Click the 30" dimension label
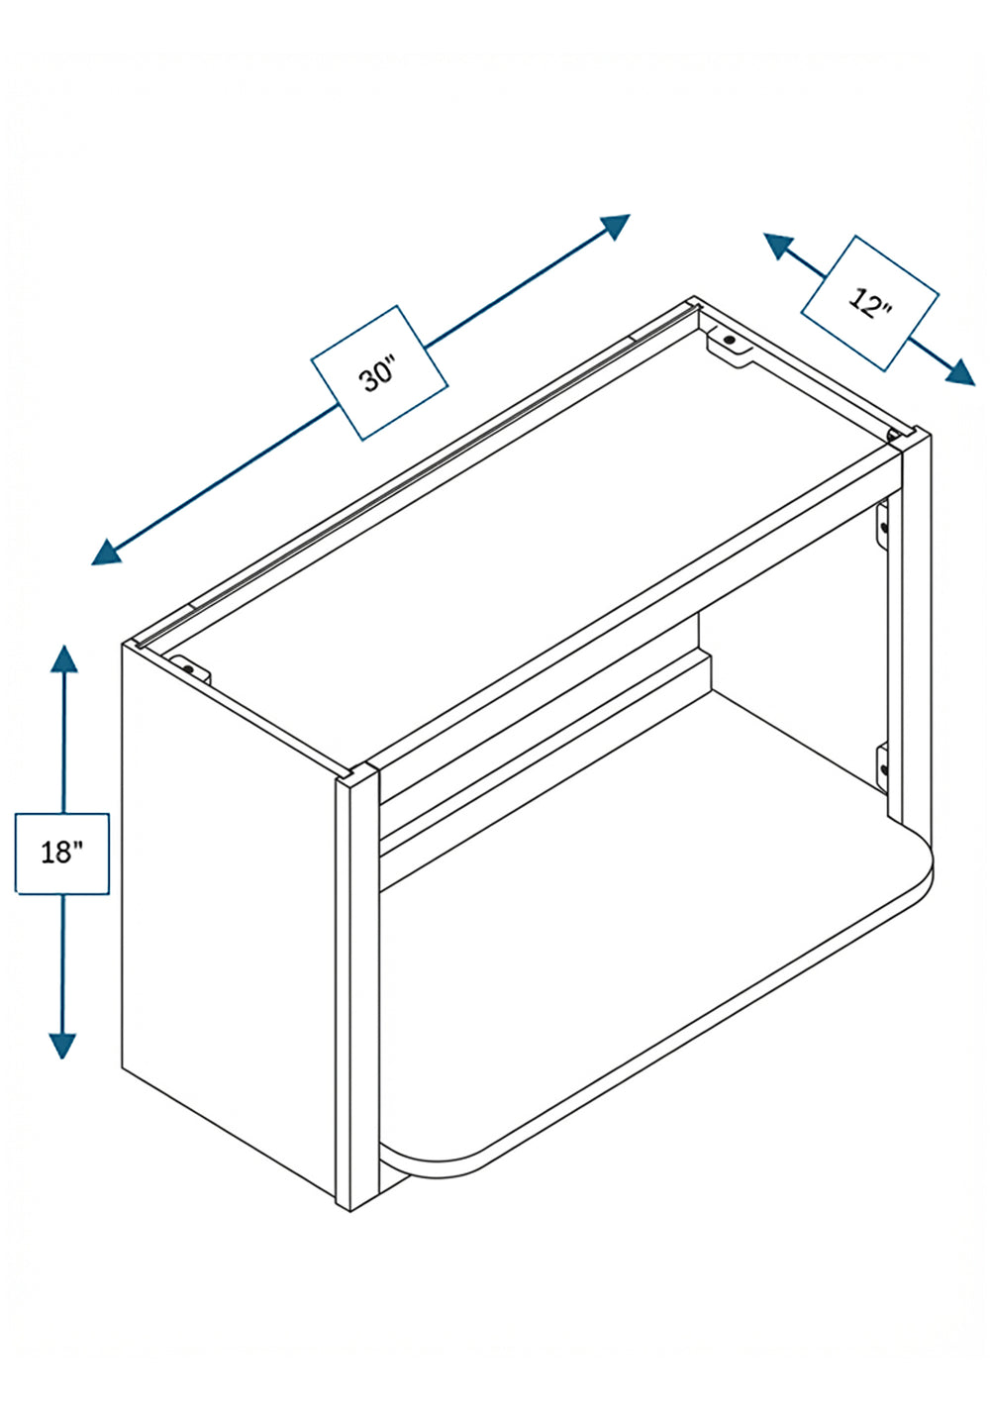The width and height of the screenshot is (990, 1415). (x=379, y=372)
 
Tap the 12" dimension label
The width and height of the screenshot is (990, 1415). (x=870, y=303)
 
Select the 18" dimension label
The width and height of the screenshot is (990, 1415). (x=61, y=853)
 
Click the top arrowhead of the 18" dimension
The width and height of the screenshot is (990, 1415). (x=64, y=658)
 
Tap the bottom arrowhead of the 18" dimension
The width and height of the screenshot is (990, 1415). (x=61, y=1046)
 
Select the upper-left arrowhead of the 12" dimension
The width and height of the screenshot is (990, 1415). (x=778, y=247)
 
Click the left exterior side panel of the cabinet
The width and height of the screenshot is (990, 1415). (x=228, y=916)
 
